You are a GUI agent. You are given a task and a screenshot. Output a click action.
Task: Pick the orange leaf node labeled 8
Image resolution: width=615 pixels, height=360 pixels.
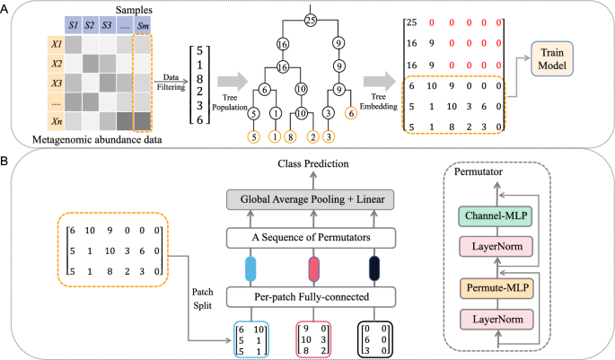(x=289, y=137)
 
